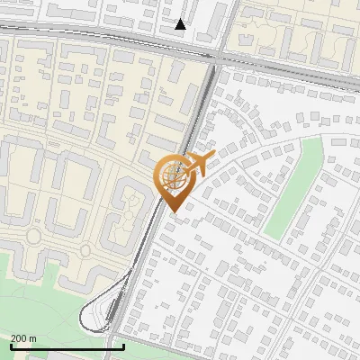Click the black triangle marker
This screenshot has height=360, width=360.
181,24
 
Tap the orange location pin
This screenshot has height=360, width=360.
173,180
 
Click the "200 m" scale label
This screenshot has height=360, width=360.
23,338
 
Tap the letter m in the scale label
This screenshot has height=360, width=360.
32,338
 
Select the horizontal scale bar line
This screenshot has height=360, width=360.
67,346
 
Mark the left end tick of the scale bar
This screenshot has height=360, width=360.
12,345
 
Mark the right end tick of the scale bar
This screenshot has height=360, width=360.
123,345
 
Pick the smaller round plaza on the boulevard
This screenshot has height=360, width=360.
33,237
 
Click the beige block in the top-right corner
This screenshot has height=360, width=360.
297,31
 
